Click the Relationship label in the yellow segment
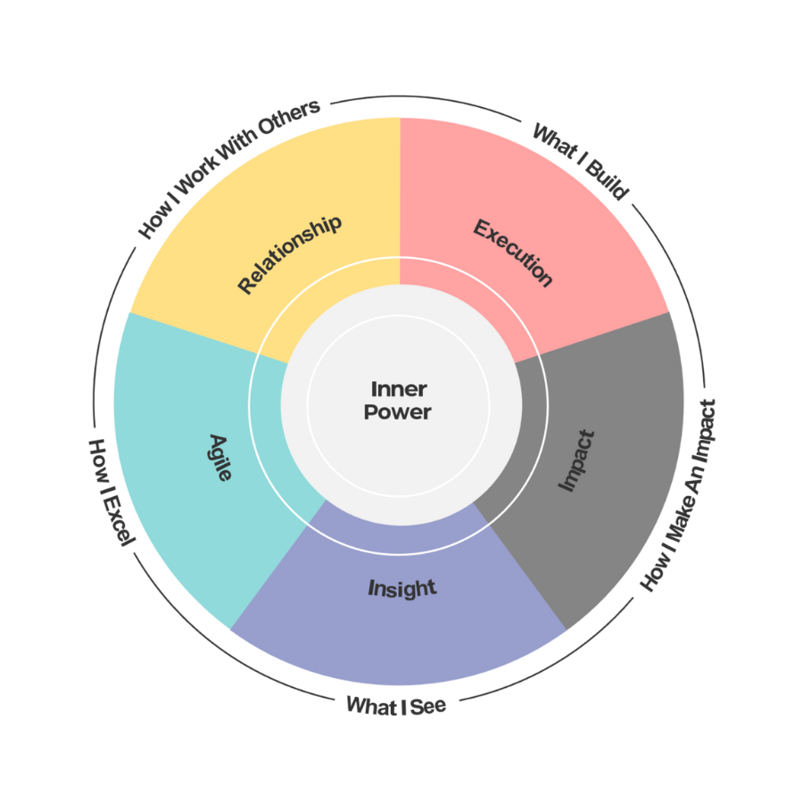(289, 254)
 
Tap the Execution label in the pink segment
(513, 253)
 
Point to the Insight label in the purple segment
(402, 588)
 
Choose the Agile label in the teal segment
(220, 457)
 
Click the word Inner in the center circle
(399, 389)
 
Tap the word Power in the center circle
(398, 412)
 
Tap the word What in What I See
(372, 706)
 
